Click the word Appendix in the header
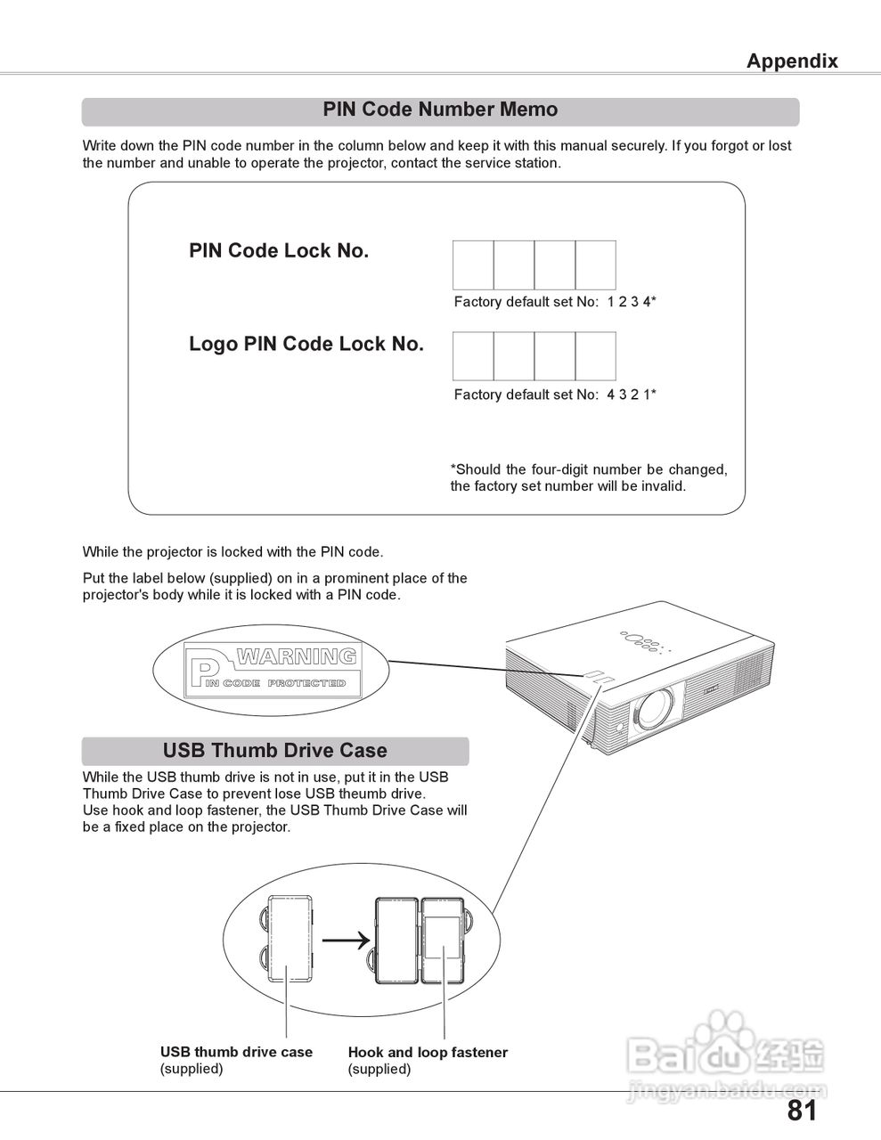click(791, 61)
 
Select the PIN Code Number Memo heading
click(440, 110)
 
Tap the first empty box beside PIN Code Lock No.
click(473, 265)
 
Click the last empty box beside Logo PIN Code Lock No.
click(595, 356)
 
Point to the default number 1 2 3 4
click(631, 302)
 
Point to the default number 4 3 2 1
click(631, 395)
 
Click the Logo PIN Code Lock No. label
click(306, 345)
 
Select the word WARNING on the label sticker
click(297, 657)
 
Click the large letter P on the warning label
click(204, 674)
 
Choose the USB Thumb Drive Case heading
click(274, 751)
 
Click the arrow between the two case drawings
click(345, 940)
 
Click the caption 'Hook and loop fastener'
click(428, 1053)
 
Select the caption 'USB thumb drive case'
click(236, 1053)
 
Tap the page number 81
click(802, 1111)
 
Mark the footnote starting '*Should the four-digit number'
click(588, 478)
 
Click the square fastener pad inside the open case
click(440, 938)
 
